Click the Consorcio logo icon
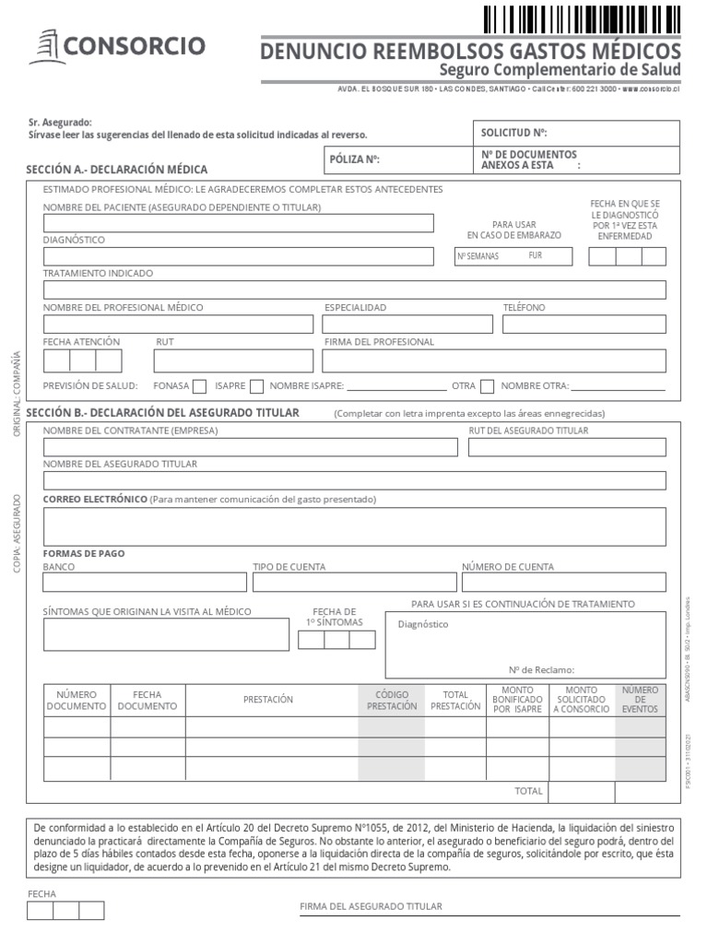tap(46, 46)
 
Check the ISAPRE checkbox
tap(256, 386)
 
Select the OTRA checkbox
tap(487, 386)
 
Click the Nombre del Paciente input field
tap(238, 223)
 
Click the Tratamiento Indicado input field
tap(354, 290)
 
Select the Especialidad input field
tap(407, 324)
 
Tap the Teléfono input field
tap(584, 324)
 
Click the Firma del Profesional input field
tap(493, 360)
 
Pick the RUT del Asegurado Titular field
tap(567, 447)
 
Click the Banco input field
tap(145, 583)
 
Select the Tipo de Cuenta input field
tap(354, 583)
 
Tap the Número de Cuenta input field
tap(563, 583)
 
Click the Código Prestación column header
tap(391, 701)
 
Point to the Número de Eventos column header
tap(640, 701)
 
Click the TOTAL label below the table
tap(528, 791)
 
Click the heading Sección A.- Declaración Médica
tap(118, 170)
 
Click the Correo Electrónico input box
tap(354, 526)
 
